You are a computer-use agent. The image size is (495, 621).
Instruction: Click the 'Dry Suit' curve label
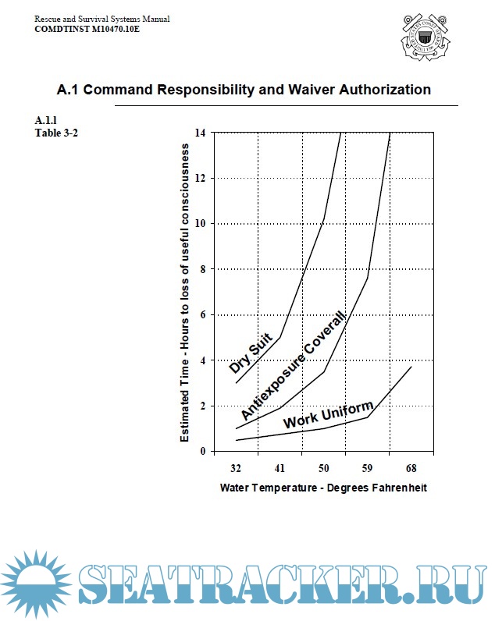[250, 353]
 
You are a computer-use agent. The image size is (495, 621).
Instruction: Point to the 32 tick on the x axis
[236, 468]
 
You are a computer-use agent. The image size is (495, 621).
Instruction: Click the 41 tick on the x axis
[280, 468]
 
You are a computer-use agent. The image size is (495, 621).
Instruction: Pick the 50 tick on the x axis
[323, 468]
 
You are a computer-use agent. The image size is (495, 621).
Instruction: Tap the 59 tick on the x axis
[367, 468]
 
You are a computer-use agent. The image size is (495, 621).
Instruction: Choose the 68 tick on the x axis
[411, 468]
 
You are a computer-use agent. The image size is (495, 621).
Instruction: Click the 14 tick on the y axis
[201, 133]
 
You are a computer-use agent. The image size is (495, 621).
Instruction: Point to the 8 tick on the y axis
[202, 269]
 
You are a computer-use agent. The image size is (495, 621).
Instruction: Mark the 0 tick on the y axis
[202, 451]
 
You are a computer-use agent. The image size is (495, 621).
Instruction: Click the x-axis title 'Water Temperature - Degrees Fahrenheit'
[323, 488]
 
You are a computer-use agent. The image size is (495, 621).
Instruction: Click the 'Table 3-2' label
[56, 132]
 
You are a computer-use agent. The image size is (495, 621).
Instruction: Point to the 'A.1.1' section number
[46, 120]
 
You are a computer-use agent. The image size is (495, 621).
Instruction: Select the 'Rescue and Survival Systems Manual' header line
[102, 18]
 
